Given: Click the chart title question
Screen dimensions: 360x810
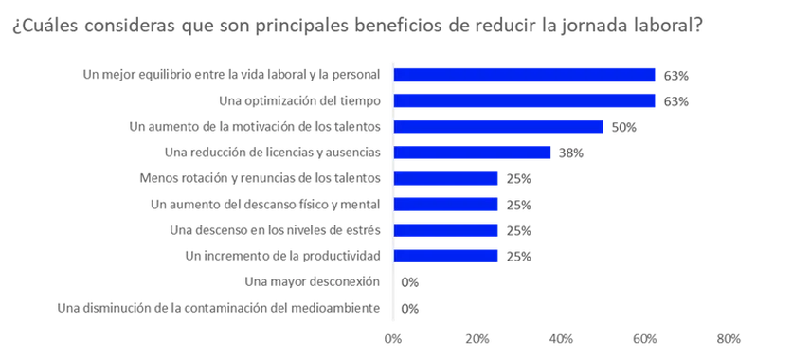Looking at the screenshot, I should point(356,25).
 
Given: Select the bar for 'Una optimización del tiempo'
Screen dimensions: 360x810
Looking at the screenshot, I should point(524,101).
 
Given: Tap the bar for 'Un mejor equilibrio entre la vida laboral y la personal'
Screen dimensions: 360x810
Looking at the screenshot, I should point(524,76).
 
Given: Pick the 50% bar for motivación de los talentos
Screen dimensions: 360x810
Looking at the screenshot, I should point(498,127).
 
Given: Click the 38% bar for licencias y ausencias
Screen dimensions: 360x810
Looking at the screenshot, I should point(472,153).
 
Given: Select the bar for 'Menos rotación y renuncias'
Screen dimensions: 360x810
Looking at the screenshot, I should point(445,178).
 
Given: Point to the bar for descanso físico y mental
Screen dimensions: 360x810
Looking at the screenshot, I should point(445,204).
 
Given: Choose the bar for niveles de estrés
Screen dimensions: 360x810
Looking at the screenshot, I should point(445,229).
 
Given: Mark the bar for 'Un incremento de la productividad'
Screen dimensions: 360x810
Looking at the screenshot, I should point(445,255).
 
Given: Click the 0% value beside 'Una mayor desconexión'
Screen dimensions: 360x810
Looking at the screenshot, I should point(410,281).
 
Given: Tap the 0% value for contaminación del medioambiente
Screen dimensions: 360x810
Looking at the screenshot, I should point(410,308).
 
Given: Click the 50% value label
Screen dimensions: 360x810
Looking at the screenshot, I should point(623,127).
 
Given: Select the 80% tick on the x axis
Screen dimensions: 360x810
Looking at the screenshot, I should point(729,337).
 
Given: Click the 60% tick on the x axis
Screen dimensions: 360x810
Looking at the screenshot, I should point(645,337).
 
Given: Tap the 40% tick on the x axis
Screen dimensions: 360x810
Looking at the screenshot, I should point(561,337).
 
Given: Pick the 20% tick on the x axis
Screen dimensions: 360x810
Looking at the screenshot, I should point(477,337).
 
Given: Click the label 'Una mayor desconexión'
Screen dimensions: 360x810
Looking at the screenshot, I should point(312,281).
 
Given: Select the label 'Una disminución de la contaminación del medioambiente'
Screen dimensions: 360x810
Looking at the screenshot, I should point(219,307).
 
